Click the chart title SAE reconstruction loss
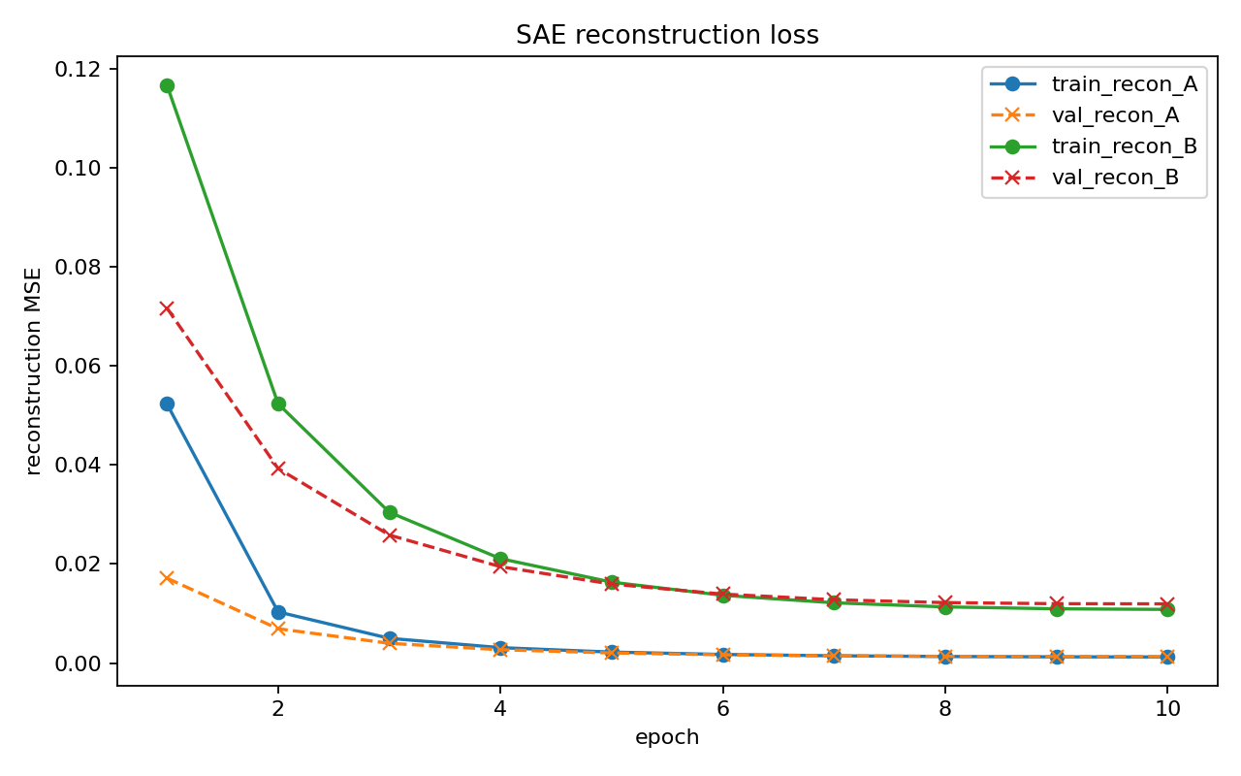click(667, 36)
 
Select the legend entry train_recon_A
click(1124, 84)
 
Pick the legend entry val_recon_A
click(1115, 115)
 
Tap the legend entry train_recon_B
click(1124, 146)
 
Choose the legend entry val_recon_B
click(1115, 178)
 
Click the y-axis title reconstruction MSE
click(35, 372)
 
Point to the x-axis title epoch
click(667, 737)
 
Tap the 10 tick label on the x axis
click(1167, 709)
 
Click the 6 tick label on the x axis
click(723, 709)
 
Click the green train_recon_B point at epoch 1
click(167, 85)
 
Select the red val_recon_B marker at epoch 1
click(167, 308)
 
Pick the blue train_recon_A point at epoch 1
click(167, 404)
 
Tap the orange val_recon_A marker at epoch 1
click(167, 578)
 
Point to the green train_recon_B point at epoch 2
click(278, 404)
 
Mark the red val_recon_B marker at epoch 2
click(278, 469)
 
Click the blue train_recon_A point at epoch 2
click(278, 612)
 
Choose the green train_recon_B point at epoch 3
click(390, 512)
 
